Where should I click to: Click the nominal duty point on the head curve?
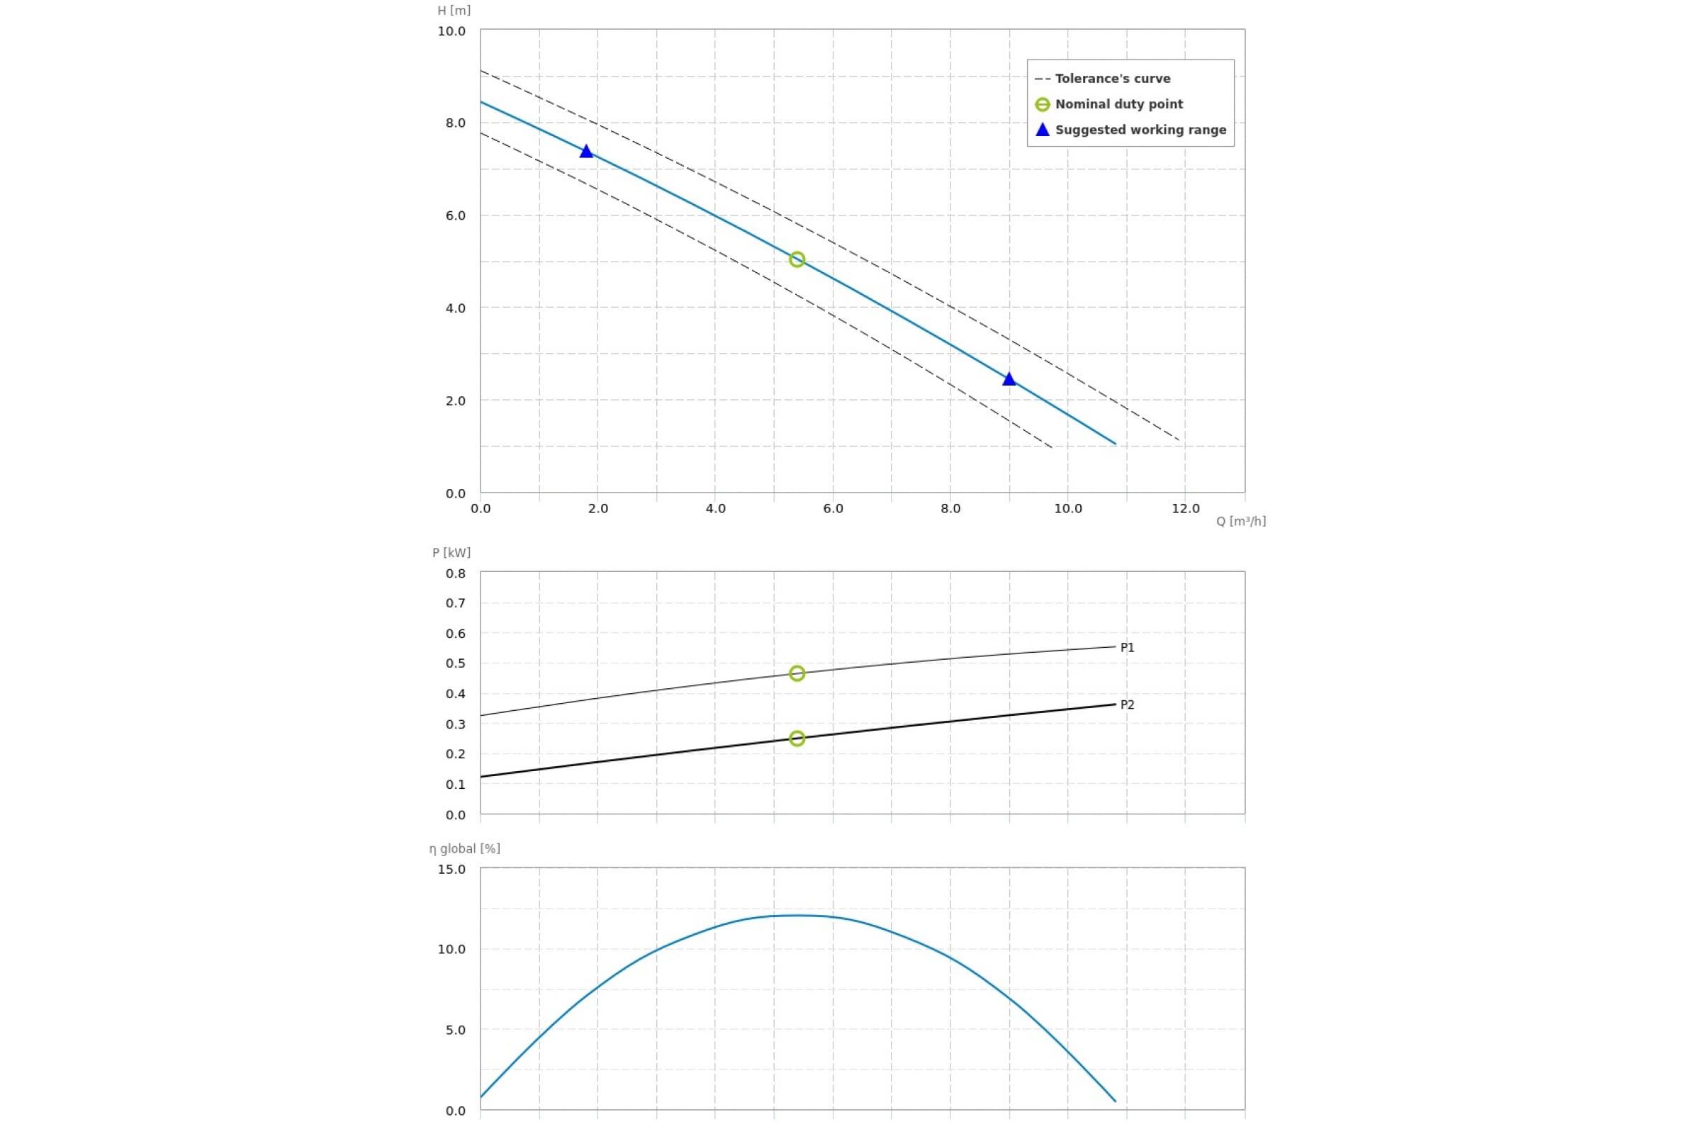[x=796, y=259]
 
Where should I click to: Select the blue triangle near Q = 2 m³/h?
[x=587, y=152]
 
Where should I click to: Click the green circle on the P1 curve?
[x=796, y=673]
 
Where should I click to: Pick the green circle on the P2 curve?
[x=796, y=739]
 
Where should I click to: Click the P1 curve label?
[x=1127, y=648]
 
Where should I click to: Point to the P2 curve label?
[x=1127, y=705]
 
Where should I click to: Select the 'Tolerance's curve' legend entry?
[x=1111, y=79]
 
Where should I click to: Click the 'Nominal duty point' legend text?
[x=1118, y=104]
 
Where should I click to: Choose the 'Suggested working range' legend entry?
[x=1140, y=130]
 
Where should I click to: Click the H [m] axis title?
[x=454, y=11]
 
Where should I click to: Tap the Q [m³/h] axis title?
[x=1240, y=522]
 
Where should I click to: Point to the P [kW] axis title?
[x=451, y=554]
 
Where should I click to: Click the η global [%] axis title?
[x=464, y=849]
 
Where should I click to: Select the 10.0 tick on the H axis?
[x=451, y=32]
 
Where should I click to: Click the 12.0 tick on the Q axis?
[x=1185, y=509]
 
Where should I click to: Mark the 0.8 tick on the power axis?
[x=456, y=574]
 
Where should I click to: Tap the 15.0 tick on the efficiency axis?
[x=451, y=870]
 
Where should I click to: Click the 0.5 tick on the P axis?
[x=456, y=664]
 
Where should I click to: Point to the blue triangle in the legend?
[x=1042, y=130]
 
